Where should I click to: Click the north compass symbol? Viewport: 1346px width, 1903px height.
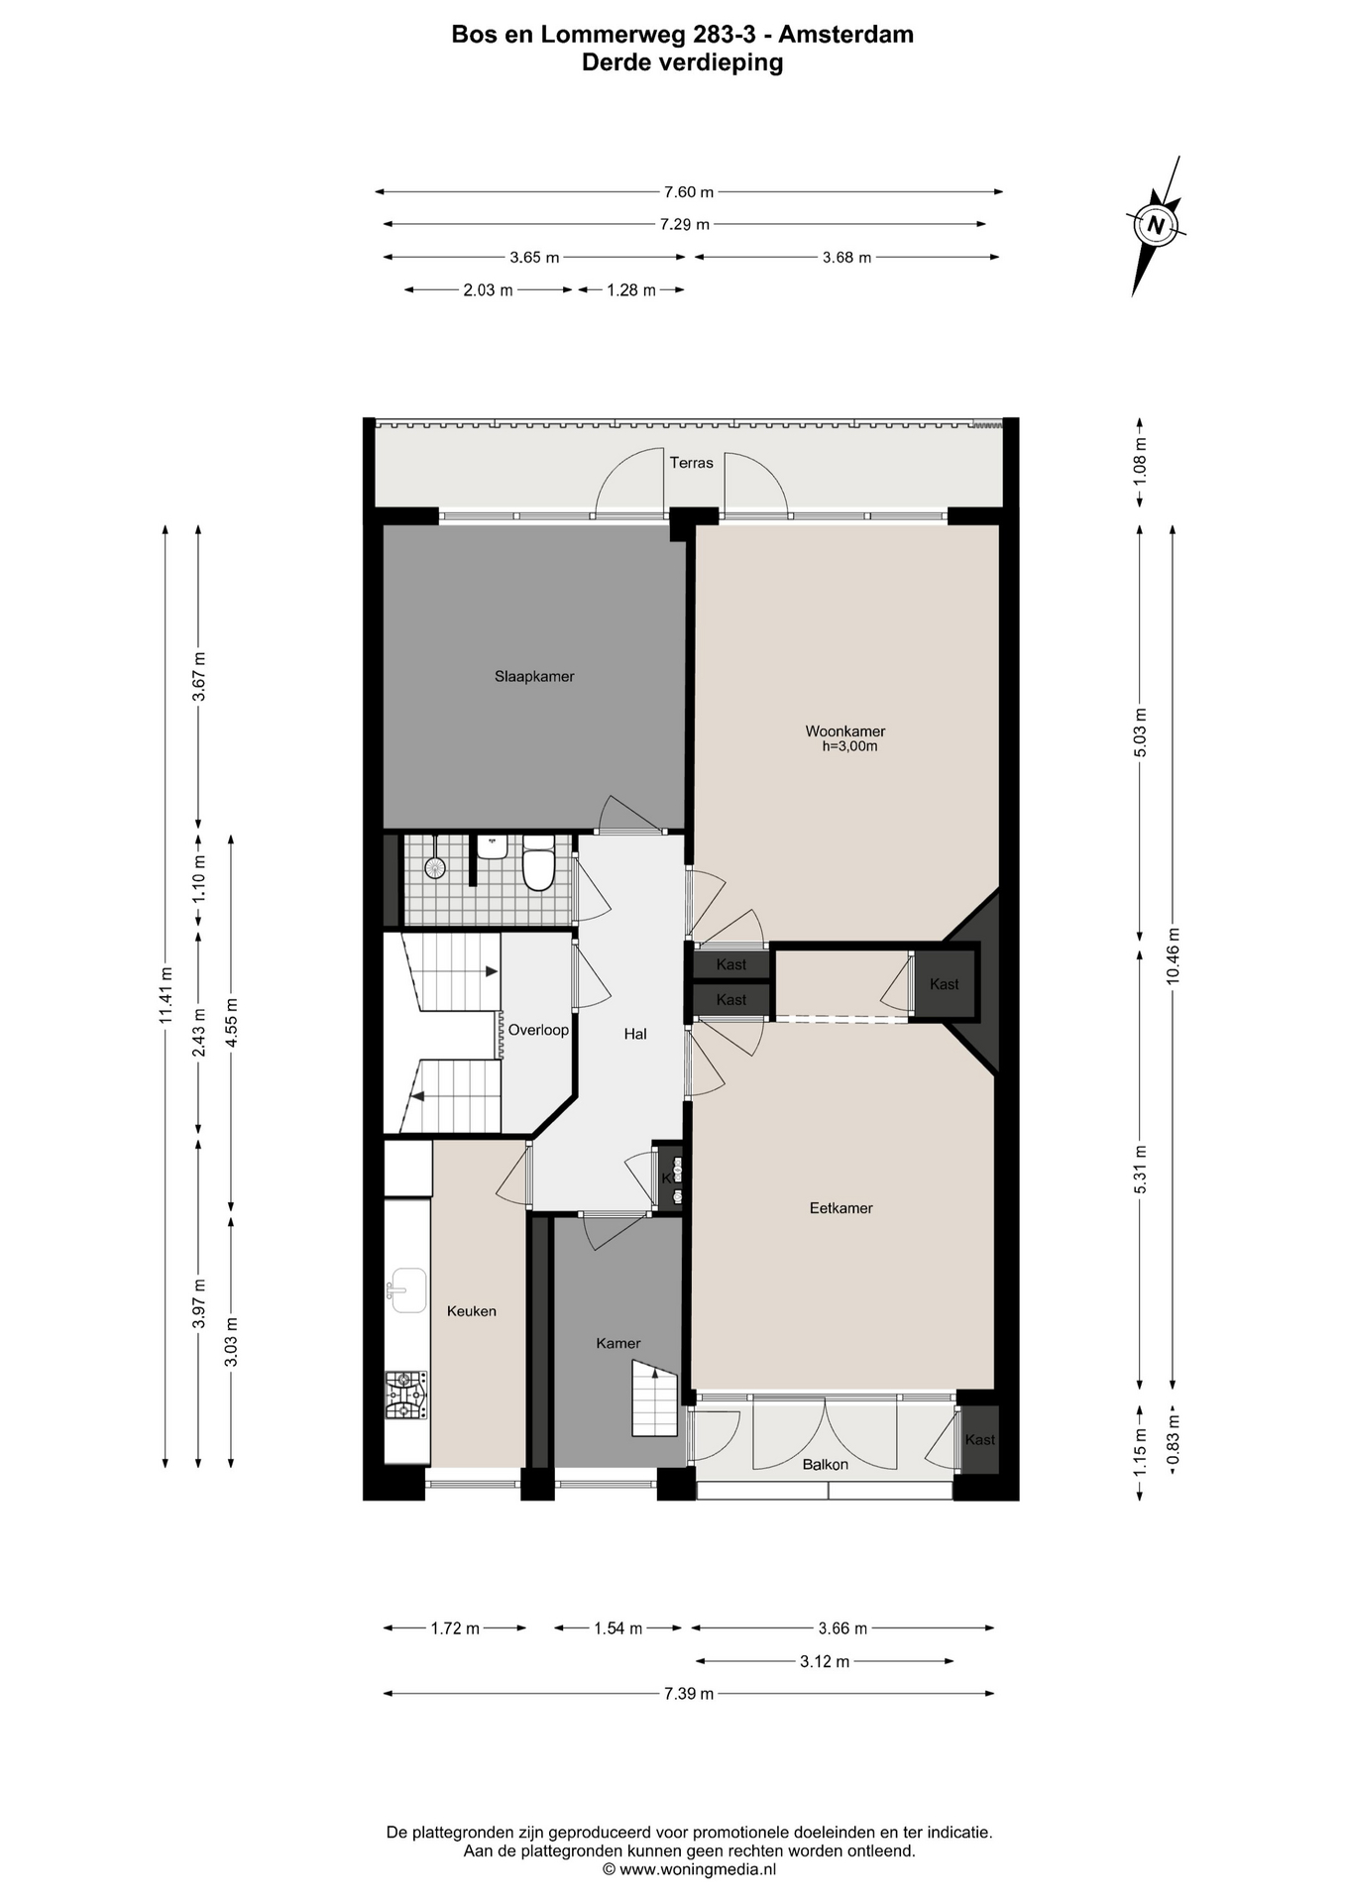pos(1156,225)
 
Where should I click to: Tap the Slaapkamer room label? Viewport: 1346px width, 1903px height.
pos(534,677)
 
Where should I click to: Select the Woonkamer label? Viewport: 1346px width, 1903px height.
pos(845,731)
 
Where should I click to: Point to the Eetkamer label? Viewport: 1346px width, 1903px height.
pos(841,1208)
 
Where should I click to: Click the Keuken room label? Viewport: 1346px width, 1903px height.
pos(472,1310)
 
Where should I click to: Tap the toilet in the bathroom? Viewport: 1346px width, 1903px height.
pos(538,863)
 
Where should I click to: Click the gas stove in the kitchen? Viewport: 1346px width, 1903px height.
pos(406,1395)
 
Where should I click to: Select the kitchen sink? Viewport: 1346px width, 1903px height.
pos(406,1290)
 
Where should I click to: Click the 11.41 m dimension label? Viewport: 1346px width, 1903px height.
pos(166,995)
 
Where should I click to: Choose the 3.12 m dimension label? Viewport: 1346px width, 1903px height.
pos(825,1661)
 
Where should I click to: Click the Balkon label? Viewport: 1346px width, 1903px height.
pos(826,1464)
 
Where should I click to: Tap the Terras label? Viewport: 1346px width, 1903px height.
pos(691,463)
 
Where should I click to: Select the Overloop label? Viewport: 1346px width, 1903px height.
pos(538,1030)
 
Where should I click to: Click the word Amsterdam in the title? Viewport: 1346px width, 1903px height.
pos(845,35)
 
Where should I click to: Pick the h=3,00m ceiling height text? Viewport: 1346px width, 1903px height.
pos(849,746)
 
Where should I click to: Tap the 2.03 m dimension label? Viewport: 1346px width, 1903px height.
pos(488,290)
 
